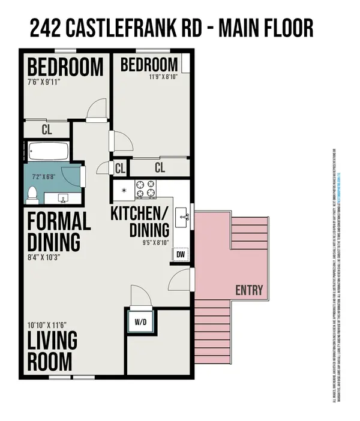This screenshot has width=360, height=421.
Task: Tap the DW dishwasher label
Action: (181, 255)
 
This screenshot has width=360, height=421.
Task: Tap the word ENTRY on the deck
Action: (249, 291)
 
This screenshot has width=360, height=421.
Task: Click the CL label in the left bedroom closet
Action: (47, 130)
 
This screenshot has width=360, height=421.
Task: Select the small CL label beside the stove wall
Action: (119, 168)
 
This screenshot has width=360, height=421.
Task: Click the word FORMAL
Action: (59, 221)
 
